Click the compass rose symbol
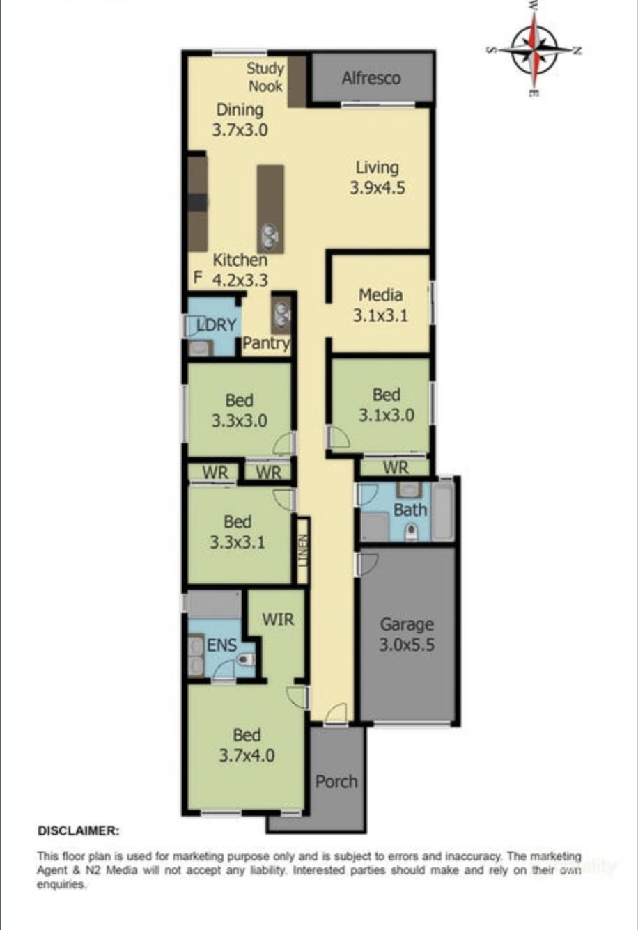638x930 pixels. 534,50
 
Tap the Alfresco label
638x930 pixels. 371,78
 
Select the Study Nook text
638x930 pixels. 265,77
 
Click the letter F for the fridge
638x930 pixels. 198,277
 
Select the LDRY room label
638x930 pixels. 217,324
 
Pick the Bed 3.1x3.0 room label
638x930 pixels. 387,404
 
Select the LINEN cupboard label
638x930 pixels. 304,550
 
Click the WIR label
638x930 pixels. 278,620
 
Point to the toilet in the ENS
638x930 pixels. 247,659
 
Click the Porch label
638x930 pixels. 336,781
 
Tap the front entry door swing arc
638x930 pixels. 336,713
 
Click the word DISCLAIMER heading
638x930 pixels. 79,830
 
